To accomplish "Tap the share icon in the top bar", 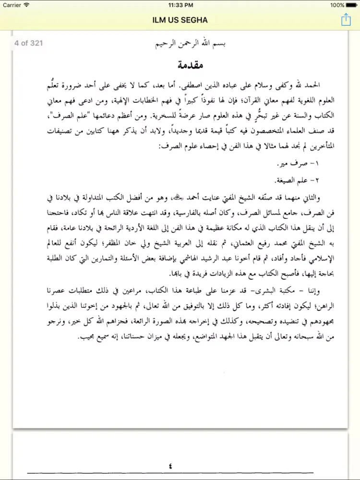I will (346, 19).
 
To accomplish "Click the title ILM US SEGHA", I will (180, 19).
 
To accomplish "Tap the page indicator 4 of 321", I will (29, 43).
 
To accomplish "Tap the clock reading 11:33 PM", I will (180, 5).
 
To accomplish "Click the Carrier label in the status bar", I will (11, 5).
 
